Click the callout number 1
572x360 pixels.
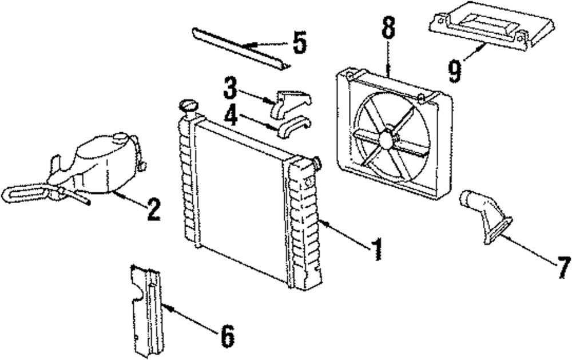[375, 250]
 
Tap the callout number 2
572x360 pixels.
[152, 210]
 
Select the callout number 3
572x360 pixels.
[231, 89]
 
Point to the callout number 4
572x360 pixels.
[231, 116]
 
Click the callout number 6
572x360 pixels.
[227, 337]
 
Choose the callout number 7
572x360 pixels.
[563, 268]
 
